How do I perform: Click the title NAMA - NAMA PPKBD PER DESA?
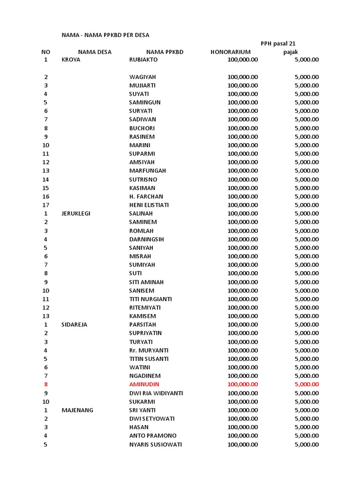coord(105,35)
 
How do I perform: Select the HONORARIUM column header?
coord(230,52)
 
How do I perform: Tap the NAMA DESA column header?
coord(95,52)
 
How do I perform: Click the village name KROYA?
coord(71,60)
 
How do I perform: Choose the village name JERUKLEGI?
coord(76,213)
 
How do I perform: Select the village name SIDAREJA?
coord(75,324)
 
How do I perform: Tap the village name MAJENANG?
coord(77,410)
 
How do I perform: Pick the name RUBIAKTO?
coord(143,60)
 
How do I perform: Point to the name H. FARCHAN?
coord(146,196)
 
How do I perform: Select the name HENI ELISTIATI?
coord(149,205)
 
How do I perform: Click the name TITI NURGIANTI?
coord(150,299)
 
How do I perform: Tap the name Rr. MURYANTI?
coord(149,350)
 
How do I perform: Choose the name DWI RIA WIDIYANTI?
coord(156,393)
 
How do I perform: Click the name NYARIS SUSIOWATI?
coord(156,444)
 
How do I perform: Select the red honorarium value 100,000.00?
coord(242,384)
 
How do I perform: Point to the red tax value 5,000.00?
coord(307,384)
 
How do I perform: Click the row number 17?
coord(45,205)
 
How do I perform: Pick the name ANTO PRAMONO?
coord(153,436)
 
